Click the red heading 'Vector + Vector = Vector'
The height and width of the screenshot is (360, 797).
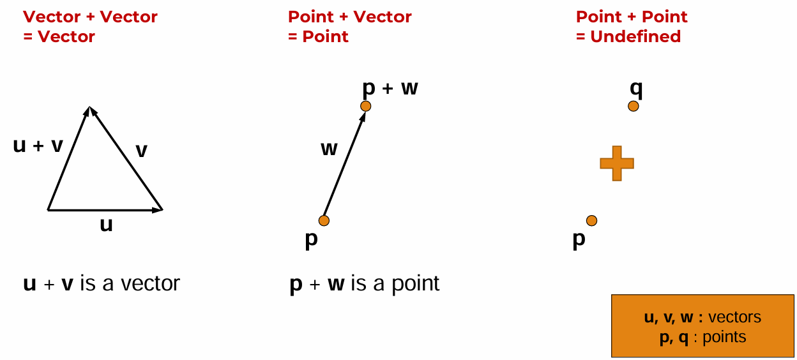(x=90, y=27)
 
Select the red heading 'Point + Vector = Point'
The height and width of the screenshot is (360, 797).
(x=349, y=27)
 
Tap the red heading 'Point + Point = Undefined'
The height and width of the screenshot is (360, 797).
(x=631, y=27)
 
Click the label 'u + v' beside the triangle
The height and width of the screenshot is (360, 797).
(x=38, y=146)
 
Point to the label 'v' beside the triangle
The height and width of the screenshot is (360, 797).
(x=142, y=151)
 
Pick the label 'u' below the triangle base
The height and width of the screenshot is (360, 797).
(x=106, y=225)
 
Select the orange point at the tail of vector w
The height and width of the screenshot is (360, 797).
(x=324, y=221)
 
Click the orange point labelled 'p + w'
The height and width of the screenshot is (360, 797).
(x=365, y=106)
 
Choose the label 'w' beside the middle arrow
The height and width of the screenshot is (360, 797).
(x=329, y=149)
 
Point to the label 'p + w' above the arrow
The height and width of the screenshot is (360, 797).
(x=390, y=87)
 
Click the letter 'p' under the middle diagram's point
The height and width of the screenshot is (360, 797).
(x=311, y=239)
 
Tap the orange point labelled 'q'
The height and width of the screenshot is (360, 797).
(x=633, y=106)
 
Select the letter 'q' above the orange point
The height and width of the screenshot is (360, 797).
(x=636, y=88)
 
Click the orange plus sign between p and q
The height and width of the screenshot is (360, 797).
(x=617, y=163)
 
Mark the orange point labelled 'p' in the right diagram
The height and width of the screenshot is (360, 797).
(x=591, y=221)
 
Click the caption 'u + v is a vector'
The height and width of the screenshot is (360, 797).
(x=102, y=283)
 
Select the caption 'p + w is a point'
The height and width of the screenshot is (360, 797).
(x=365, y=283)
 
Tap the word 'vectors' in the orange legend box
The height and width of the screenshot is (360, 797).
(x=734, y=317)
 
